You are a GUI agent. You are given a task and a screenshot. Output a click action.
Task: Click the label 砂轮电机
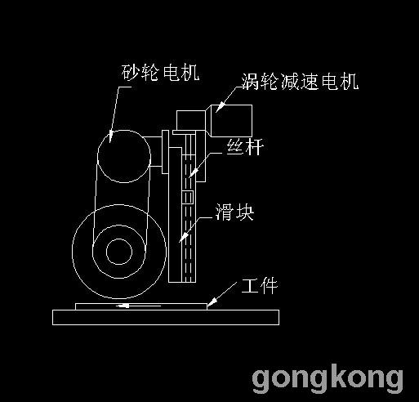pos(160,73)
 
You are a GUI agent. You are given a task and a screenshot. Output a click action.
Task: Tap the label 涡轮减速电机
pos(300,82)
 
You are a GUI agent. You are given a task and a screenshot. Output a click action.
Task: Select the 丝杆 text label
pos(245,147)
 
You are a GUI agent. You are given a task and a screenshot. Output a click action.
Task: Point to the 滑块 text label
pos(234,212)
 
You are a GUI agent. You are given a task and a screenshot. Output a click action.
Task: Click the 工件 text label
pos(260,286)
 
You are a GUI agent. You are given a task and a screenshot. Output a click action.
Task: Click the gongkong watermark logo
pos(328,378)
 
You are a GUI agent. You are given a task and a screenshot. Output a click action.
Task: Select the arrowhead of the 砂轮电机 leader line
pos(110,136)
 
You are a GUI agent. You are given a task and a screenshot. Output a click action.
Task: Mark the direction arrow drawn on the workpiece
pos(138,306)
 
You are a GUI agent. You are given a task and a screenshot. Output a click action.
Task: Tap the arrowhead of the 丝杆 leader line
pos(193,174)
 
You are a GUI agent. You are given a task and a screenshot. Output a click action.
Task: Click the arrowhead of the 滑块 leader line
pos(183,238)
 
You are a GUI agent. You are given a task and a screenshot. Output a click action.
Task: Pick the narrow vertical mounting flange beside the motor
pos(165,152)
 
